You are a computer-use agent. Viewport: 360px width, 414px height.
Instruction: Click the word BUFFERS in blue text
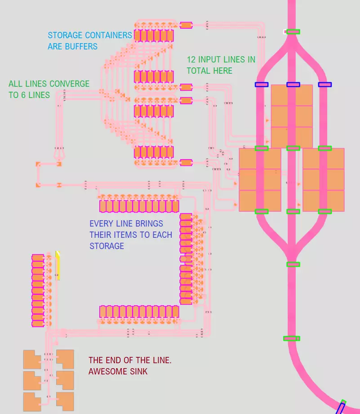pyautogui.click(x=81, y=46)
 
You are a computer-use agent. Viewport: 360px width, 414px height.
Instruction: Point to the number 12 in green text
pyautogui.click(x=191, y=59)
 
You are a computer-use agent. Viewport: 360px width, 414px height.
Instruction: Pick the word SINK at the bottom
pyautogui.click(x=137, y=372)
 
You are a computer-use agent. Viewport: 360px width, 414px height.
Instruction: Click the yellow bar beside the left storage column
pyautogui.click(x=58, y=265)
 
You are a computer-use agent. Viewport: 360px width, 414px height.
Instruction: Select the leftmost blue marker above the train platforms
pyautogui.click(x=262, y=85)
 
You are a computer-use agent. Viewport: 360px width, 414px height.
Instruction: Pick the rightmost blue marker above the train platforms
pyautogui.click(x=324, y=85)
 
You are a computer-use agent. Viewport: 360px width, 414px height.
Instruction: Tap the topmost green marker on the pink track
pyautogui.click(x=293, y=31)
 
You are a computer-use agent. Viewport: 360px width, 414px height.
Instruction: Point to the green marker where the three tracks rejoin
pyautogui.click(x=293, y=264)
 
